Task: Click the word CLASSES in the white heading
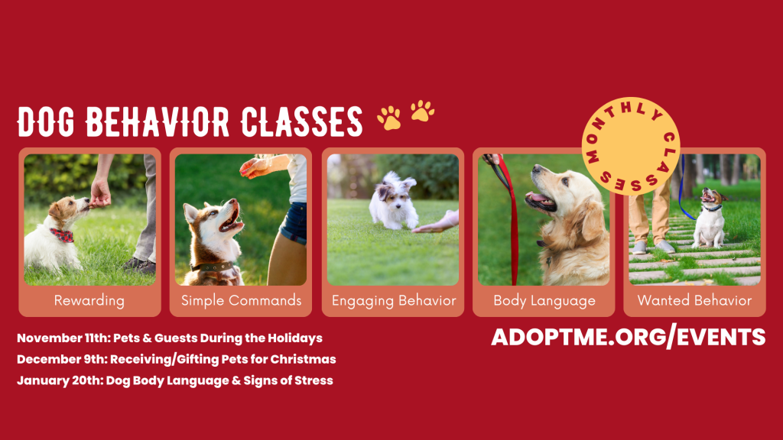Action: (301, 121)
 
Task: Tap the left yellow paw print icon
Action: (389, 118)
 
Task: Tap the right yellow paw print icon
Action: (422, 111)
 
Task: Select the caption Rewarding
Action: (89, 301)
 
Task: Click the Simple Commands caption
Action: (241, 300)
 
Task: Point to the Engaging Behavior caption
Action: (394, 301)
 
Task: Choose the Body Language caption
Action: (544, 301)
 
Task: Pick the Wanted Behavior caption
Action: (694, 300)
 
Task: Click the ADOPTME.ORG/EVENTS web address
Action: (629, 337)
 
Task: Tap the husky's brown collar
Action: (214, 267)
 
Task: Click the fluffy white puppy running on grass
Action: (394, 201)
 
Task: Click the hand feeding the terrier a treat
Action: (100, 194)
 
